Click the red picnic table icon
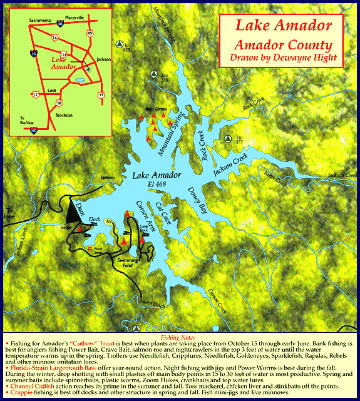[90, 249]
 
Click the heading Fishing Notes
[179, 337]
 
